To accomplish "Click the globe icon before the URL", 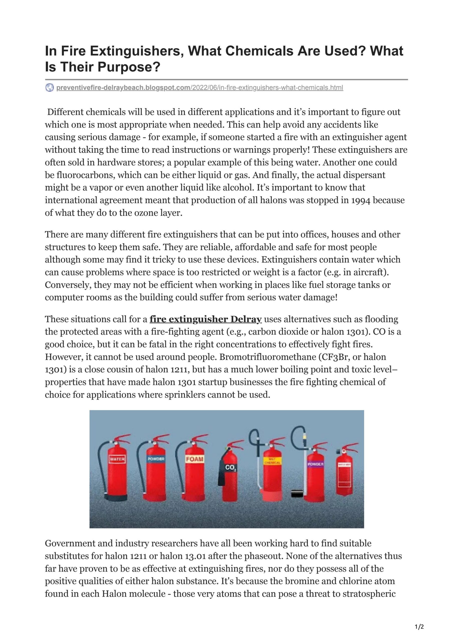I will (x=49, y=88).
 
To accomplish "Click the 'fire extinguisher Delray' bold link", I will (x=206, y=319).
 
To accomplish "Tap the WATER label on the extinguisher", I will (x=117, y=459).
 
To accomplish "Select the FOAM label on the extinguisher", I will (x=195, y=459).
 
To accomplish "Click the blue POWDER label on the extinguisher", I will (x=156, y=459).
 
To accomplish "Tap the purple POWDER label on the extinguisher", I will (x=316, y=464).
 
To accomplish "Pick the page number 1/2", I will (x=419, y=627).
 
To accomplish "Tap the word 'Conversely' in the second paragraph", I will (x=68, y=285).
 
